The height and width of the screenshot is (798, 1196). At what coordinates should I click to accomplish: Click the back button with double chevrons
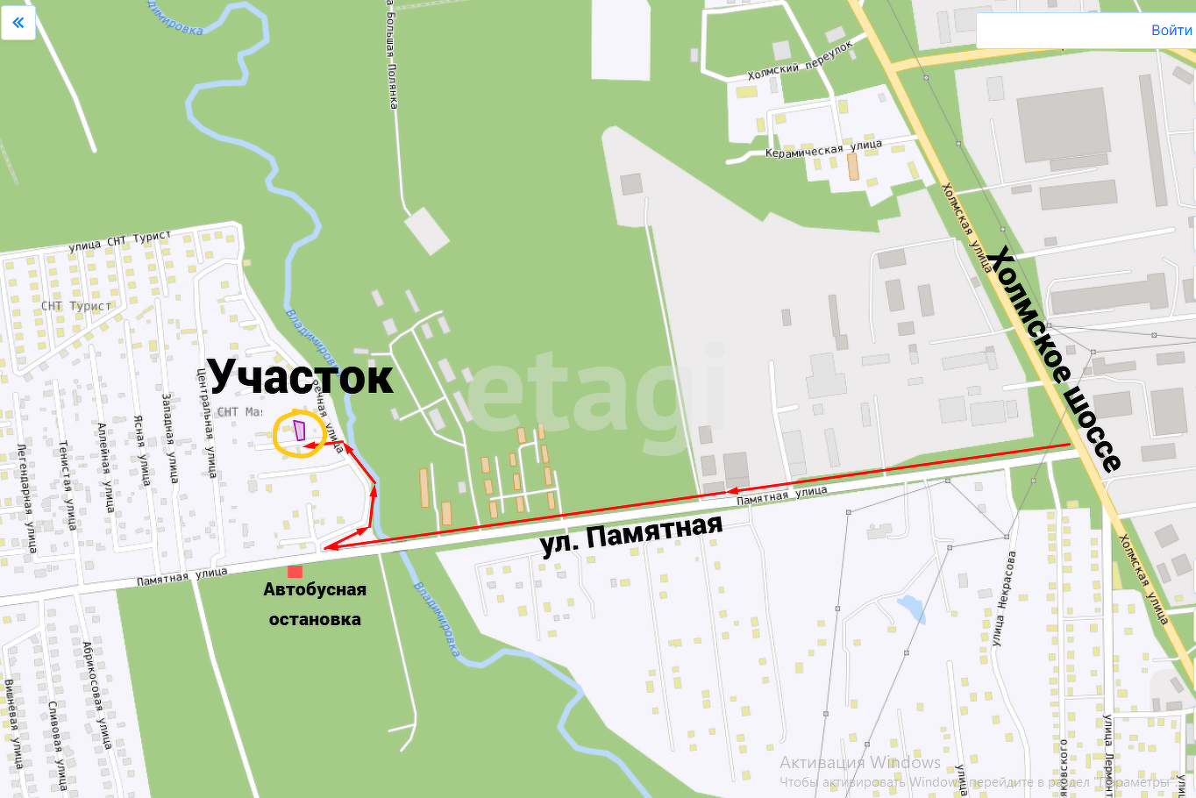click(18, 23)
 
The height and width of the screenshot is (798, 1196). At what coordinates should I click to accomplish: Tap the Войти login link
click(1171, 30)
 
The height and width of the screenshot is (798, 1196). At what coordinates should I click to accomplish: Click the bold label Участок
click(300, 376)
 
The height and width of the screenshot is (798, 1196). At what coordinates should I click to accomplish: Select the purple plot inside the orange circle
click(300, 431)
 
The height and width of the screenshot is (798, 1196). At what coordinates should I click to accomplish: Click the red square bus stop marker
click(295, 572)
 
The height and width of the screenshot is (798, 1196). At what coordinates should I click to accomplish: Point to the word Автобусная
click(315, 589)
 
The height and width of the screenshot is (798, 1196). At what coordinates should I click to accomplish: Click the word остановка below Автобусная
click(315, 619)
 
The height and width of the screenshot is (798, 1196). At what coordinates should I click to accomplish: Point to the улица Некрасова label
click(1004, 599)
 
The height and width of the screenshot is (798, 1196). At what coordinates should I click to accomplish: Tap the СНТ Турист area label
click(76, 306)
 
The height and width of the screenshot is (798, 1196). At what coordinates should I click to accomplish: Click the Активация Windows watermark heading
click(859, 762)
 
